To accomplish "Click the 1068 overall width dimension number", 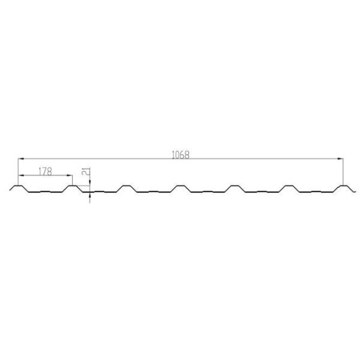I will click(x=180, y=154).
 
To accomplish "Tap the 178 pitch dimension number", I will click(x=45, y=171).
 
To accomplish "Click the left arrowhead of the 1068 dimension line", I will click(x=20, y=158).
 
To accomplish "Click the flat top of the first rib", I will click(x=19, y=186).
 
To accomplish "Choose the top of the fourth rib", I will click(x=179, y=186).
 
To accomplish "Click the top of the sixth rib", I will click(x=289, y=186).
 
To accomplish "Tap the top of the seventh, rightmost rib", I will click(x=343, y=186).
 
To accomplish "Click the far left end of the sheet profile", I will click(x=11, y=191).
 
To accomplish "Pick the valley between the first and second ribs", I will click(x=46, y=192).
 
